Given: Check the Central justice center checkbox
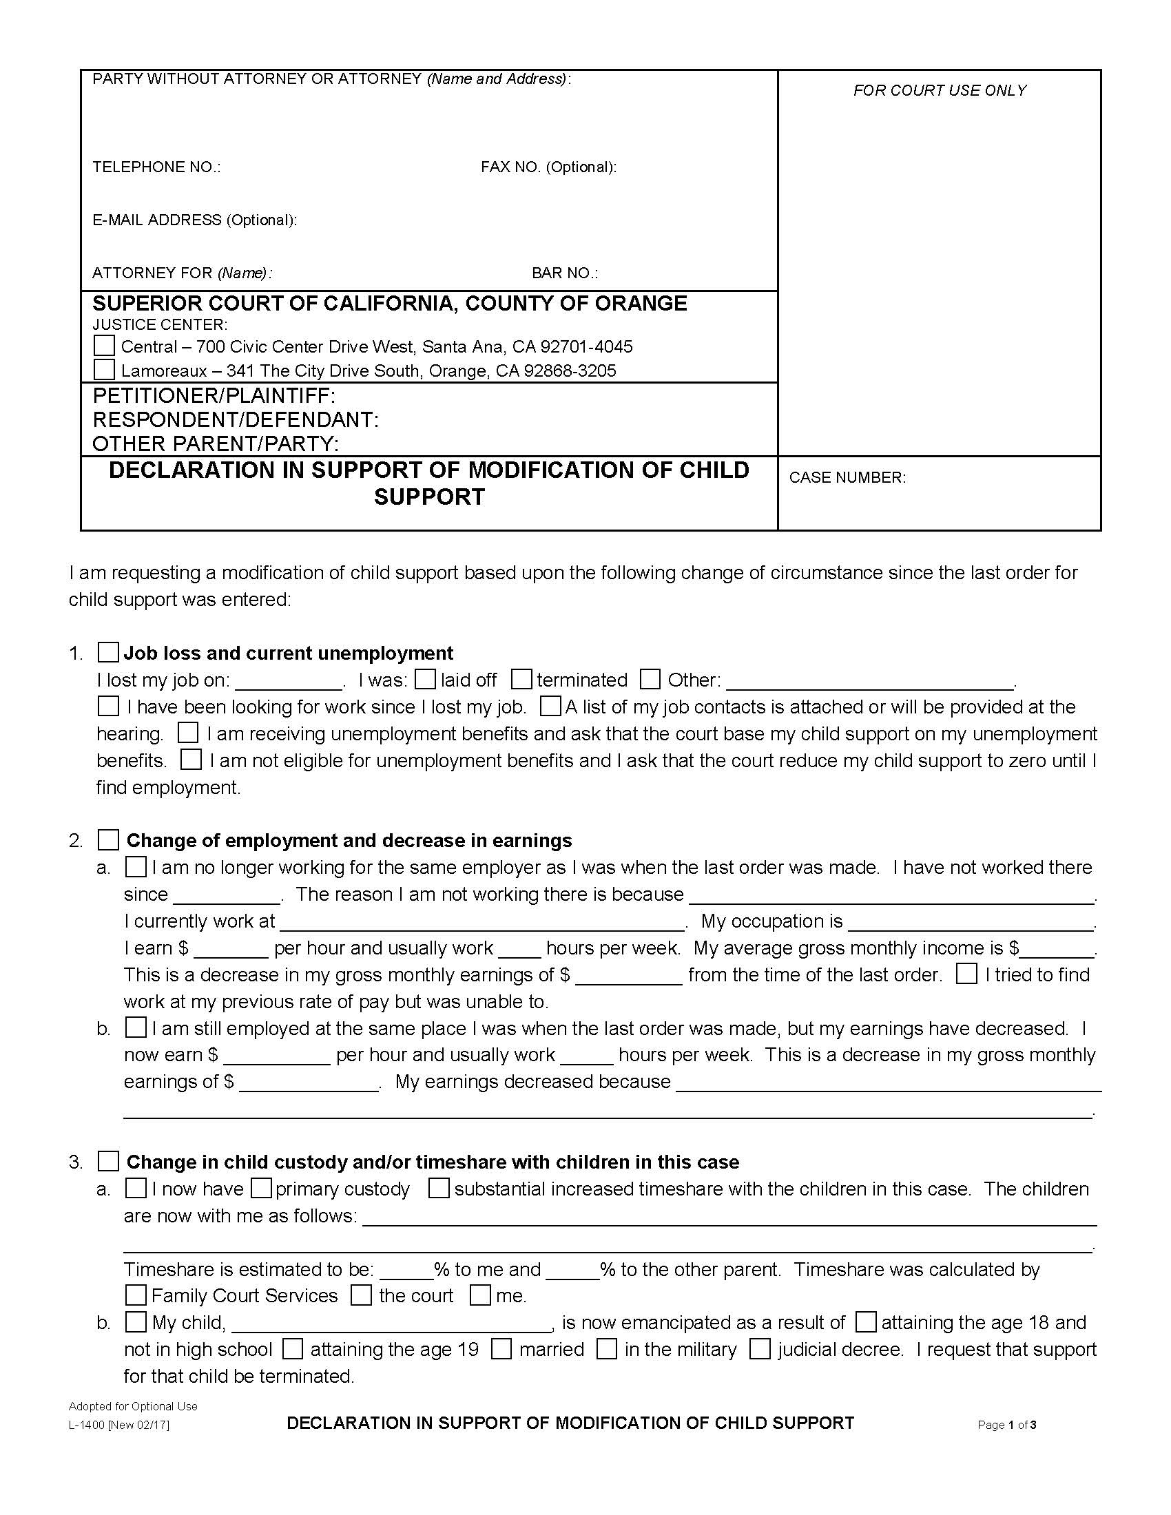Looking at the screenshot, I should pos(104,346).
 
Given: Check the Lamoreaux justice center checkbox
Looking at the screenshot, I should pos(104,369).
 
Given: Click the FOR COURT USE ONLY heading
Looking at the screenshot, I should pos(940,90).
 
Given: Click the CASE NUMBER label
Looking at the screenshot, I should pos(847,477).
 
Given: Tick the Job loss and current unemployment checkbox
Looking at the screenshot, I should pos(108,652).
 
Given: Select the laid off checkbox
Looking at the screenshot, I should pos(425,679).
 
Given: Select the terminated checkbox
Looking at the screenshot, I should pos(521,679).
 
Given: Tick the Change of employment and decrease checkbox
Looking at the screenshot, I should pos(108,839).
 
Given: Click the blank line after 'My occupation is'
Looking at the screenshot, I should pos(970,923).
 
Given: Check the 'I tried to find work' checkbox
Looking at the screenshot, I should pos(966,973).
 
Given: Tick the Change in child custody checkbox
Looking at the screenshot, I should pos(108,1161).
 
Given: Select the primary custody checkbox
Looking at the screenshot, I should pos(261,1189).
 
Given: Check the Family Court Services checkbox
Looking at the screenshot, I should pos(136,1295).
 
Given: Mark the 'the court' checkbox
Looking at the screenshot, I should pos(362,1295).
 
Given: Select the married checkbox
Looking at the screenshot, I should pos(501,1349).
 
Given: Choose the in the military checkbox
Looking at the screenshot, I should pos(607,1349).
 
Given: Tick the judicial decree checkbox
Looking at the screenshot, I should pos(760,1349).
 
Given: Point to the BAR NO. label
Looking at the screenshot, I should pos(564,273).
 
